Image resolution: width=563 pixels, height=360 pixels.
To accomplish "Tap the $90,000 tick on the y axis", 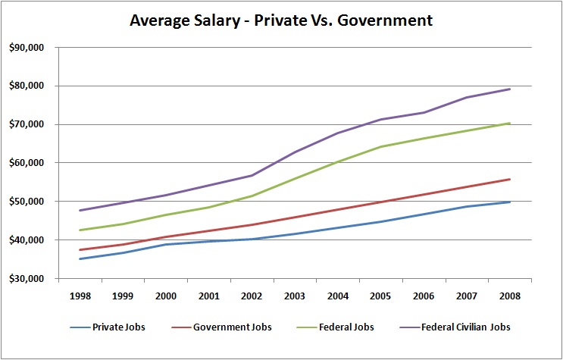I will click(x=26, y=47).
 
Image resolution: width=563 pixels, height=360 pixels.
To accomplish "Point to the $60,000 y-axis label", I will click(x=26, y=162).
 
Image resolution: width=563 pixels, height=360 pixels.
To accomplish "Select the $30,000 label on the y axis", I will click(x=26, y=278).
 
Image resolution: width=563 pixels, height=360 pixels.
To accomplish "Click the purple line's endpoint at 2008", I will click(x=510, y=89).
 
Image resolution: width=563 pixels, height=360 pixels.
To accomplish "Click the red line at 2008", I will click(x=510, y=179).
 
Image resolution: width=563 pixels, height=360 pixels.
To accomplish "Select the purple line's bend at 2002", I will click(x=252, y=175).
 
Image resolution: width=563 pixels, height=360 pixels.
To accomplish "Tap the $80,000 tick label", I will click(x=26, y=86).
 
